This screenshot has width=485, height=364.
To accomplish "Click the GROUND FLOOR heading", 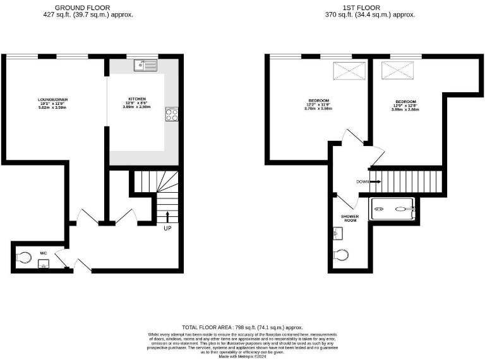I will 83,8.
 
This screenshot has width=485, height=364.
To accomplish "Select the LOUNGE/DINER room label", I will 52,100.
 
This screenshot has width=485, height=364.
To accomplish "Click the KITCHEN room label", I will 137,99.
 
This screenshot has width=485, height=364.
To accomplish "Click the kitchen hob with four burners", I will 171,114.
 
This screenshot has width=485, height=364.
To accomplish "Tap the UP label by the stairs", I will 167,228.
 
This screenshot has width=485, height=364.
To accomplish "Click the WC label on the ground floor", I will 44,253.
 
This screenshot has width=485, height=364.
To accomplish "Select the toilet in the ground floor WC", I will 25,257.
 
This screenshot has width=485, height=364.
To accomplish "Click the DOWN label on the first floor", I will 362,181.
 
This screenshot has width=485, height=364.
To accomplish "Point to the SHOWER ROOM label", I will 350,218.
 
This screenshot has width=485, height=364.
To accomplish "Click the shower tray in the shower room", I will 392,207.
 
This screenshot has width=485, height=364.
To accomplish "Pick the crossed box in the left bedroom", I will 345,70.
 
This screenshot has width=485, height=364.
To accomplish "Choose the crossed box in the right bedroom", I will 397,70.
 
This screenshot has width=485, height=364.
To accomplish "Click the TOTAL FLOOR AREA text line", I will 242,327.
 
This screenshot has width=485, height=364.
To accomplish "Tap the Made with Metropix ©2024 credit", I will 242,356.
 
